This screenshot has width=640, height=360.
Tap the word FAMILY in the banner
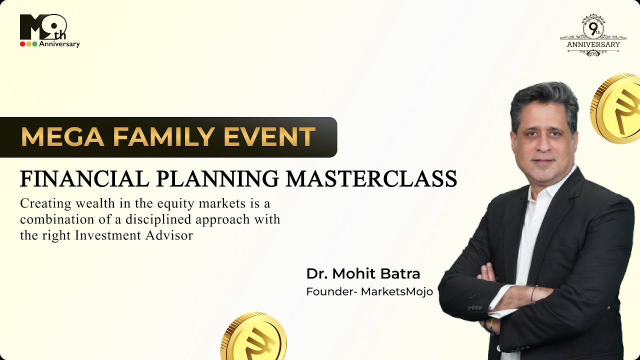coord(159,137)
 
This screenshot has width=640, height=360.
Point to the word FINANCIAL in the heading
coord(79,179)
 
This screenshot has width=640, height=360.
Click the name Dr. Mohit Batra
coord(363,274)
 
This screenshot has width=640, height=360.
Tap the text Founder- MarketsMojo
coord(369,291)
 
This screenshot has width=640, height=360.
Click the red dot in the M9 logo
coord(22,44)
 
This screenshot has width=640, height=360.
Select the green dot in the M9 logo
coord(34,44)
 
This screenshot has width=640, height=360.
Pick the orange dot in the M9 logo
coord(28,44)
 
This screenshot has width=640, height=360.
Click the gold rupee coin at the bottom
coord(254,337)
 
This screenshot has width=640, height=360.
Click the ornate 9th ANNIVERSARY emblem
coord(593,35)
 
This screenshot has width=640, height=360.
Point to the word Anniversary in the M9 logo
coord(59,44)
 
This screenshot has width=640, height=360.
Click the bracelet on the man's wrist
coord(533,294)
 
